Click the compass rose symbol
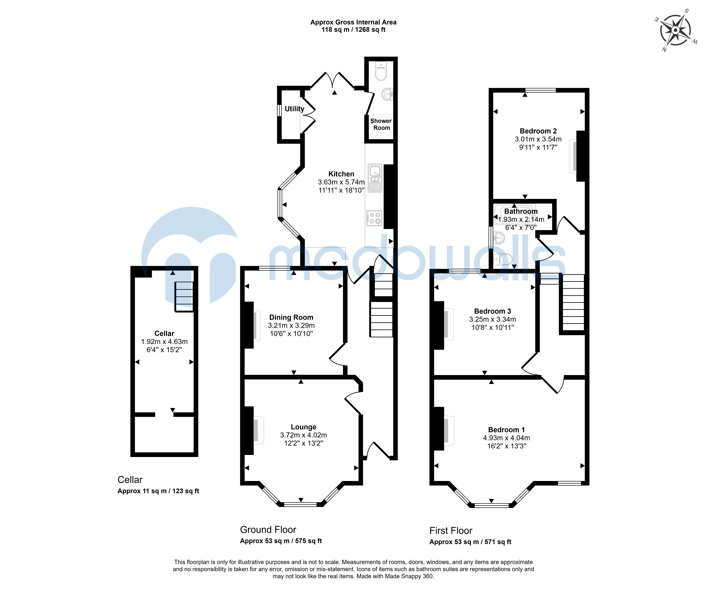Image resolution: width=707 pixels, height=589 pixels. (675, 30)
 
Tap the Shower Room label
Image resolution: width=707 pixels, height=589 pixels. (381, 124)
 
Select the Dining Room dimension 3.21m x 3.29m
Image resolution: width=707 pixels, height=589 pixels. (291, 326)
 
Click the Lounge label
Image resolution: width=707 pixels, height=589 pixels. (303, 427)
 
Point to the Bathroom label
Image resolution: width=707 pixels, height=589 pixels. (521, 212)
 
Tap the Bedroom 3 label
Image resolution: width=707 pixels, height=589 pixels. (493, 311)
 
